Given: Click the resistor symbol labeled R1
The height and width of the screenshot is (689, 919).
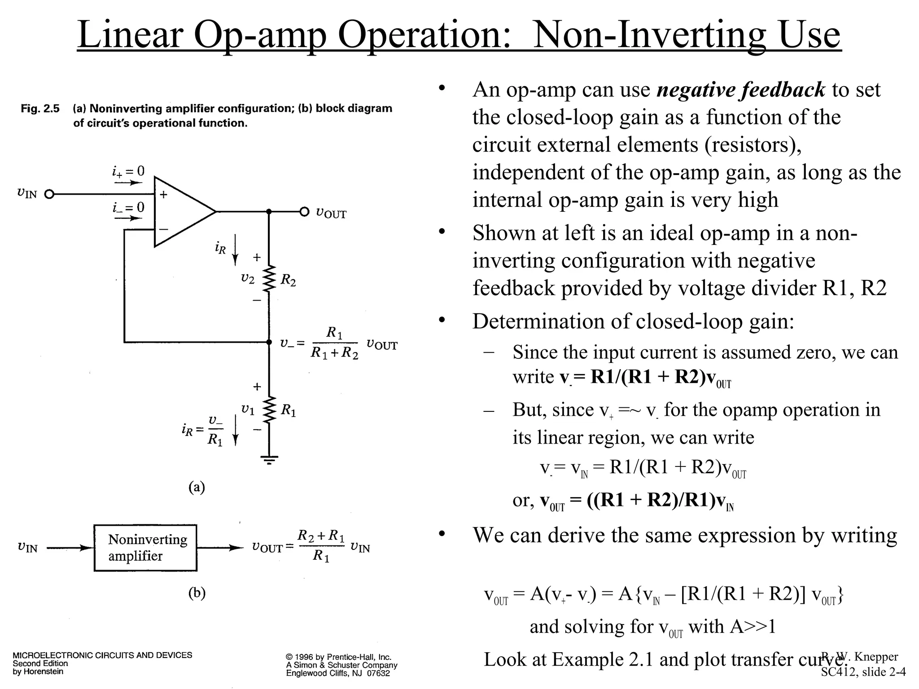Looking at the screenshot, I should (269, 410).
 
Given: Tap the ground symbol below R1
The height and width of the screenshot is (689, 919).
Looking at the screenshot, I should (269, 459).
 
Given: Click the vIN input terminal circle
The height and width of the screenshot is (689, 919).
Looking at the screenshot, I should (50, 194).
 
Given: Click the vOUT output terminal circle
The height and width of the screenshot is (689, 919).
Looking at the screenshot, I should (305, 211).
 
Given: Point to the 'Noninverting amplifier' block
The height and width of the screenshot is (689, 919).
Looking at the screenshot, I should (145, 548).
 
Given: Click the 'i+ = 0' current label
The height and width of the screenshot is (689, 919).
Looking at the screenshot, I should (128, 171).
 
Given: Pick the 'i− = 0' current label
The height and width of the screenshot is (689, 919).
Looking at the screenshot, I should (128, 207).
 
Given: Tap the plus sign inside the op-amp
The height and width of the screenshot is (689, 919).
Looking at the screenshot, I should (163, 195).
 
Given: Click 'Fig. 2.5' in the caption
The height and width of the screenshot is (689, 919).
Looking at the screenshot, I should (40, 109).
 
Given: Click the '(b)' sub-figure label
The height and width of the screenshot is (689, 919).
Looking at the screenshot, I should (197, 593).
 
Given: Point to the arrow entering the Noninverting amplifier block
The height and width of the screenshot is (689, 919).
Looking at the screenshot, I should (70, 548).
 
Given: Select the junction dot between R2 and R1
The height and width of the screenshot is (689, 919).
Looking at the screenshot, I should (269, 342).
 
